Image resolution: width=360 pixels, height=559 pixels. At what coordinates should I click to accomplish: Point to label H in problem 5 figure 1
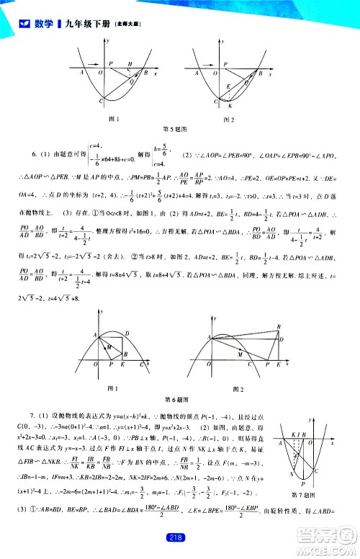pos(130,65)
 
